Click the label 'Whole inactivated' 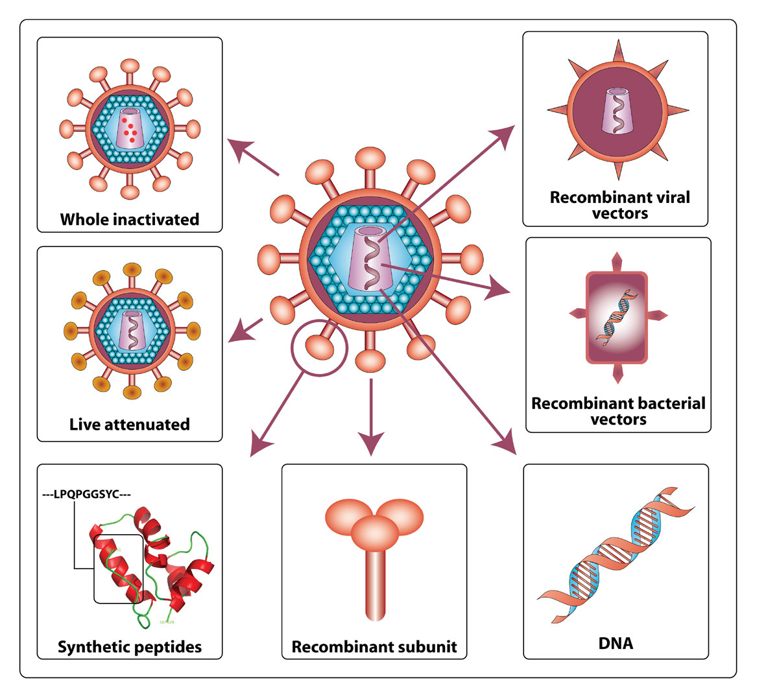pyautogui.click(x=130, y=219)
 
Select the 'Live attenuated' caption pyautogui.click(x=130, y=425)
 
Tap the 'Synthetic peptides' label pyautogui.click(x=130, y=646)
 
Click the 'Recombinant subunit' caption pyautogui.click(x=374, y=646)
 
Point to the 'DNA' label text pyautogui.click(x=616, y=643)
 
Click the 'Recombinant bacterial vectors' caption pyautogui.click(x=618, y=411)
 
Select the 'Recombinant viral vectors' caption pyautogui.click(x=619, y=205)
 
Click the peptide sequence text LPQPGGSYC pyautogui.click(x=86, y=495)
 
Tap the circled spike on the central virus pyautogui.click(x=320, y=347)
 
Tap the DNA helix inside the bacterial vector pyautogui.click(x=617, y=315)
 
